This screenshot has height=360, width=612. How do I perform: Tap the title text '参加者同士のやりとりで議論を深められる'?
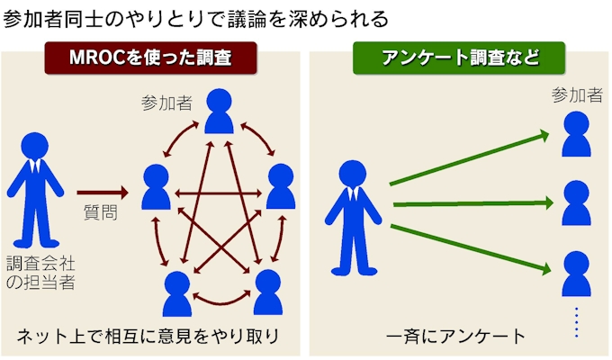196,18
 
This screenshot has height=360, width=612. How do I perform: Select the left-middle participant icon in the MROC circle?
157,187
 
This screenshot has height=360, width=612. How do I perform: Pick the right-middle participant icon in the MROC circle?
281,187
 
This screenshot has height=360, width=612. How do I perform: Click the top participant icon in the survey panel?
576,134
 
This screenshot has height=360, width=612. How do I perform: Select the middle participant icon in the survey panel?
576,202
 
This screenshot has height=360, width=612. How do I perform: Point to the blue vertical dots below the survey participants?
576,322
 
